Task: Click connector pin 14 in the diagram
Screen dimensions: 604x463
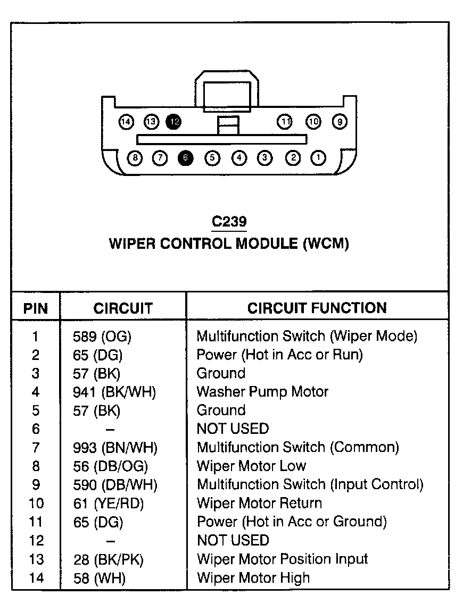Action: [126, 122]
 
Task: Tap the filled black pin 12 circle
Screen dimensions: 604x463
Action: [173, 122]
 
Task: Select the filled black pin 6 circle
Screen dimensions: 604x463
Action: [185, 157]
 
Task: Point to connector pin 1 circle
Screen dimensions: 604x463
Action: [318, 157]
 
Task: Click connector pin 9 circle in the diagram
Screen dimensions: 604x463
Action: [340, 122]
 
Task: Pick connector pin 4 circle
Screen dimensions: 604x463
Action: [239, 157]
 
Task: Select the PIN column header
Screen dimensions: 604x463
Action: [35, 308]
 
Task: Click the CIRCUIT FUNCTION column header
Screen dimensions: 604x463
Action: [317, 307]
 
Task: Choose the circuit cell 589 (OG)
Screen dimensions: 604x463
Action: [102, 336]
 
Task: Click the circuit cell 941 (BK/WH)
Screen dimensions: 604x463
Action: [114, 392]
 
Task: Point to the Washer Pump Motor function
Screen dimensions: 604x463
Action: [262, 392]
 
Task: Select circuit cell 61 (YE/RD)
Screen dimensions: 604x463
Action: [109, 503]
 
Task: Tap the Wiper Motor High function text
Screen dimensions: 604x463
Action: [253, 577]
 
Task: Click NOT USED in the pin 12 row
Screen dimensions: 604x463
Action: [233, 540]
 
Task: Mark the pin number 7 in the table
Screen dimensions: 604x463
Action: [36, 448]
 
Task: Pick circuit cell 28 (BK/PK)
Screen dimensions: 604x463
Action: [109, 559]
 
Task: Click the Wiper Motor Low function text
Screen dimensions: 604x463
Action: [251, 466]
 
